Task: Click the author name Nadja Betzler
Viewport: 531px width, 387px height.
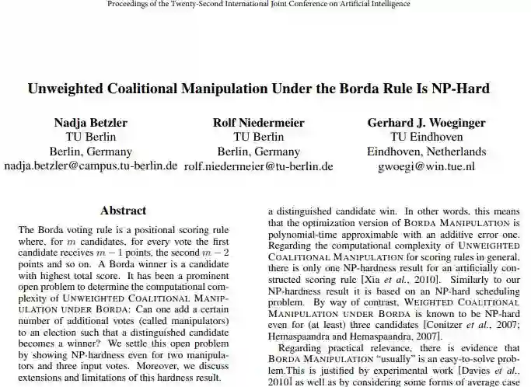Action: click(x=91, y=123)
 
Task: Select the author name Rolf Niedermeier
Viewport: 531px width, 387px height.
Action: click(x=259, y=123)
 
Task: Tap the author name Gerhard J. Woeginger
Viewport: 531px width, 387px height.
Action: click(x=426, y=123)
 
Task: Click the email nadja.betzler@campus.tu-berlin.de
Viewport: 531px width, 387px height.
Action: click(x=91, y=166)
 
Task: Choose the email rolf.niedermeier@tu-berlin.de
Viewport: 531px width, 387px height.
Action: click(x=259, y=166)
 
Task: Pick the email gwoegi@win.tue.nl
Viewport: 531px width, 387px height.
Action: click(x=426, y=166)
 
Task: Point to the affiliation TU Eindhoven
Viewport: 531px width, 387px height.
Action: click(x=426, y=137)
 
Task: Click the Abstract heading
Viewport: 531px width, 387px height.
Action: click(x=123, y=211)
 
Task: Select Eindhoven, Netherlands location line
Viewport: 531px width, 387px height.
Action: click(x=426, y=152)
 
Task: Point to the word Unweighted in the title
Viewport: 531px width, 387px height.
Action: click(x=68, y=88)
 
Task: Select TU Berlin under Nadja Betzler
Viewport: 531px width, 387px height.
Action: click(x=91, y=137)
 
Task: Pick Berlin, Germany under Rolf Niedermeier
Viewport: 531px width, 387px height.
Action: click(x=259, y=152)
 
